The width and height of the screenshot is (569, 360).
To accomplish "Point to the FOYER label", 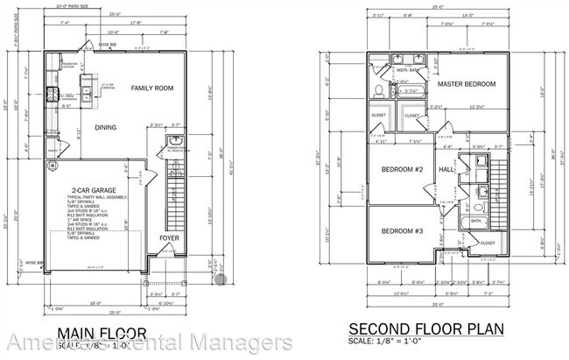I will click(x=170, y=237).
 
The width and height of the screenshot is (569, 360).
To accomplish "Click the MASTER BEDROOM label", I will click(x=467, y=84).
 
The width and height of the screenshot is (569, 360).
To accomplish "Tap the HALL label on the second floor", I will click(x=446, y=169).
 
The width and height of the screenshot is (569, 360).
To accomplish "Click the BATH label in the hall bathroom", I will click(x=475, y=221).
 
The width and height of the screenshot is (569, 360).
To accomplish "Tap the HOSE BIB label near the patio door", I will click(x=108, y=43).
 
